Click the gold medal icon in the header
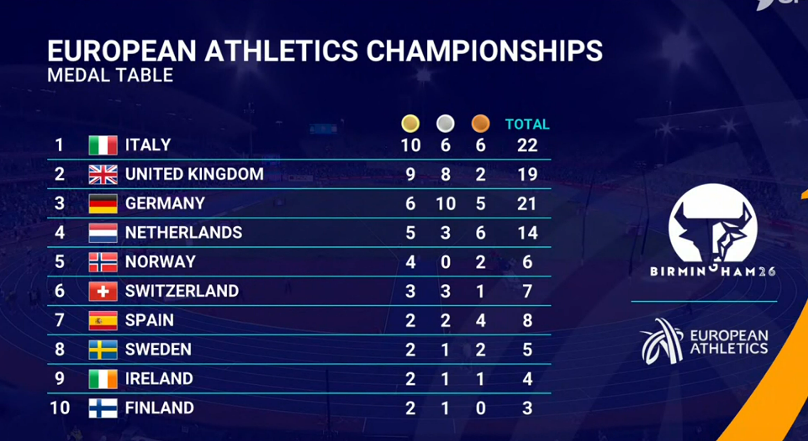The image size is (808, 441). pyautogui.click(x=410, y=123)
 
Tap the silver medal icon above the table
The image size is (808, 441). pyautogui.click(x=445, y=123)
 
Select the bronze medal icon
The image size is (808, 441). pyautogui.click(x=480, y=123)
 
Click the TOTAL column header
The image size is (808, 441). pyautogui.click(x=527, y=124)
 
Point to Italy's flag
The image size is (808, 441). pyautogui.click(x=103, y=145)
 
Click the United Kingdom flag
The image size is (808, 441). pyautogui.click(x=103, y=175)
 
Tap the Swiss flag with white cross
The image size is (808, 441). pyautogui.click(x=103, y=291)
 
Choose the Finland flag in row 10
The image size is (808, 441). pyautogui.click(x=103, y=408)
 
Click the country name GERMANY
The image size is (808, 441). pyautogui.click(x=165, y=203)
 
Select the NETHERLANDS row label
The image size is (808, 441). pyautogui.click(x=184, y=233)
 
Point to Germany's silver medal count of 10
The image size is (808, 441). pyautogui.click(x=446, y=204)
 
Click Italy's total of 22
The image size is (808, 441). pyautogui.click(x=527, y=146)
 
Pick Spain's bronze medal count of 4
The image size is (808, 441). pyautogui.click(x=480, y=321)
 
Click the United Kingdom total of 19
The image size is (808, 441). pyautogui.click(x=528, y=175)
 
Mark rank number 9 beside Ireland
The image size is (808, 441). pyautogui.click(x=60, y=379)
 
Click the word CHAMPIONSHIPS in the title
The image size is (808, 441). pyautogui.click(x=484, y=51)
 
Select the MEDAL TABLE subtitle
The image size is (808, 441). pyautogui.click(x=110, y=75)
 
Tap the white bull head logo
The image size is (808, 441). pyautogui.click(x=713, y=223)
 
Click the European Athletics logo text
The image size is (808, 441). pyautogui.click(x=729, y=342)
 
